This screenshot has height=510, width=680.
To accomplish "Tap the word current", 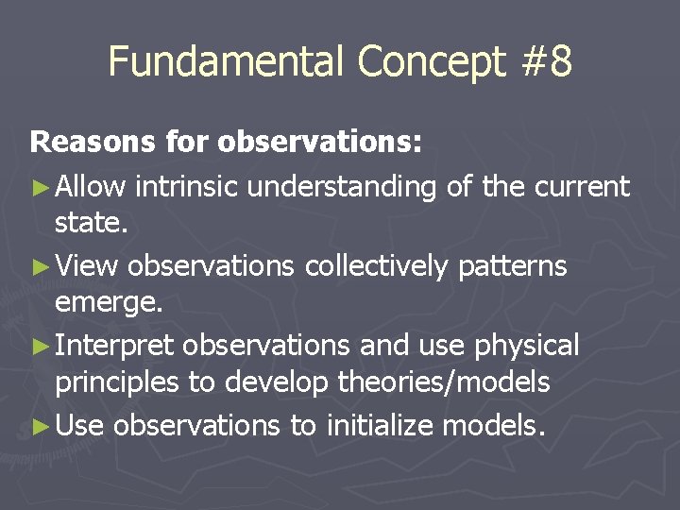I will click(582, 187).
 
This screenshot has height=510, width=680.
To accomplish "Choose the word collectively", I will click(377, 267).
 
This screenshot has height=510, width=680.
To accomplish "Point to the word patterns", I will click(512, 267).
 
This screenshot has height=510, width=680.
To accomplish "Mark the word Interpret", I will click(114, 347).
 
